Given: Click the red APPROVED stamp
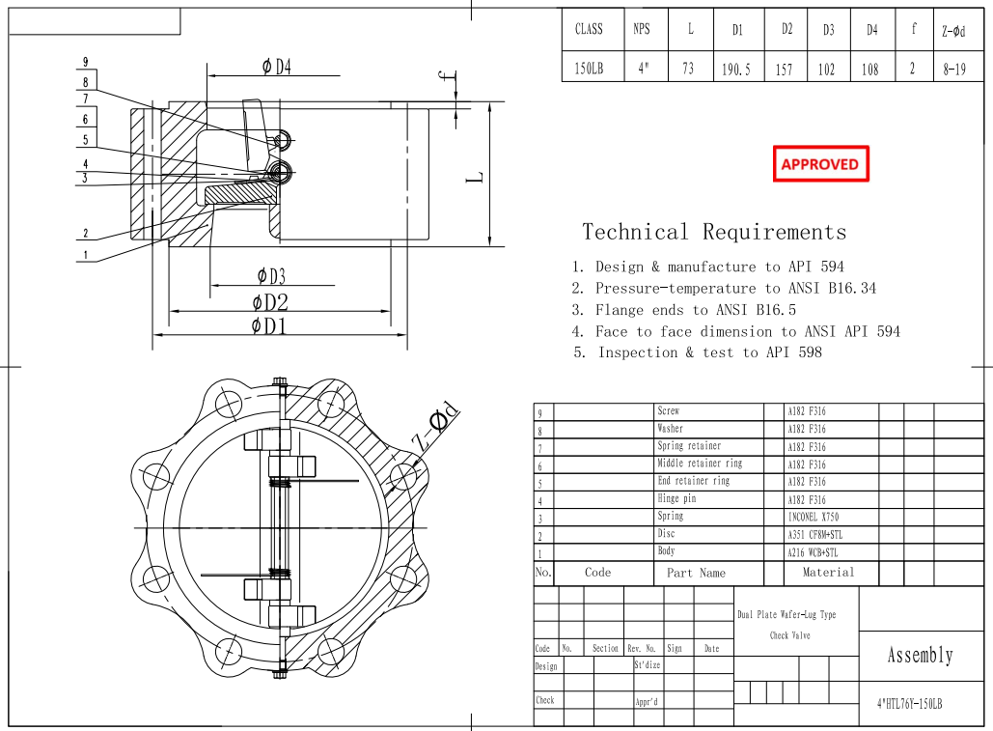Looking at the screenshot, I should point(820,164).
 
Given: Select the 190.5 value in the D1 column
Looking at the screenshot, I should point(736,70).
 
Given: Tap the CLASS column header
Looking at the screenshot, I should point(589,29).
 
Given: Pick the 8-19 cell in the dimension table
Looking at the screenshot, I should point(954,70).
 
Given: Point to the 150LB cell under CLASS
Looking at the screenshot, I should point(589,70).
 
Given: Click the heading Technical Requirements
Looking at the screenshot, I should point(714,232).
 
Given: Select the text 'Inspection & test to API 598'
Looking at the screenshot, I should point(709,352).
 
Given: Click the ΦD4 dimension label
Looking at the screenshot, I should point(276,67).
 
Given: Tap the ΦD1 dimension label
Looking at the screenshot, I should point(269,325).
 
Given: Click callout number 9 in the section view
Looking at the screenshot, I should point(86,63).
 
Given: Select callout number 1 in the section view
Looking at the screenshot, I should point(86,255).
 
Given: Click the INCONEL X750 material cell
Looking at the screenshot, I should point(813,518).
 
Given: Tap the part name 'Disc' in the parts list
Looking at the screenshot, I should point(667,534).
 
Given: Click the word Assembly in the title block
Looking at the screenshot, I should point(920,656).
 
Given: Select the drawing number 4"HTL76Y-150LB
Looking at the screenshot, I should point(909,704).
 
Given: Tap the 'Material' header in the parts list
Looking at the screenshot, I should point(828,573).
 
